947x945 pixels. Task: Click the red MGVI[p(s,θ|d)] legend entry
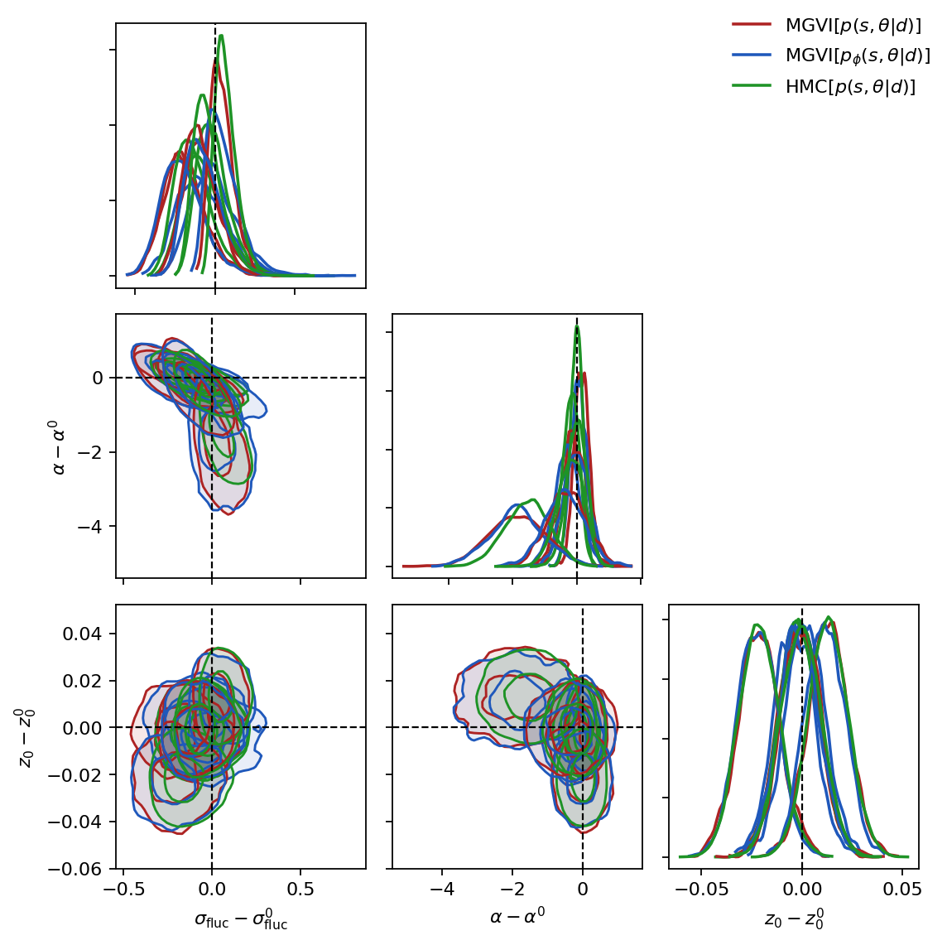tap(826, 25)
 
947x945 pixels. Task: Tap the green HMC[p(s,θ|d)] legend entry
tap(824, 86)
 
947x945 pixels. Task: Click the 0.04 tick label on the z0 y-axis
tap(83, 634)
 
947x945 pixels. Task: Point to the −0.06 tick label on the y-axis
tap(75, 868)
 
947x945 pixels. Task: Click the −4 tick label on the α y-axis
tap(89, 526)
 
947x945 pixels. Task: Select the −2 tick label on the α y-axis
tap(89, 452)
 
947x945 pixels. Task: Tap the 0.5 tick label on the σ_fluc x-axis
tap(300, 889)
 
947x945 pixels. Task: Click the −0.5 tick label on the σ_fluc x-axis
tap(123, 889)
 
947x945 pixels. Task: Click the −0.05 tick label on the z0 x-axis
tap(700, 889)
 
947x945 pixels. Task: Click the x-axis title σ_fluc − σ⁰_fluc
tap(241, 919)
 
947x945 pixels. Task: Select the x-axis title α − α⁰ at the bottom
tap(517, 915)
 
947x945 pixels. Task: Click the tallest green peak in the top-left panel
tap(221, 36)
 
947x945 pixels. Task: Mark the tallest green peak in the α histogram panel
tap(577, 327)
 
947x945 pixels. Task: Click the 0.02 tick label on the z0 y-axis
tap(83, 680)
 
